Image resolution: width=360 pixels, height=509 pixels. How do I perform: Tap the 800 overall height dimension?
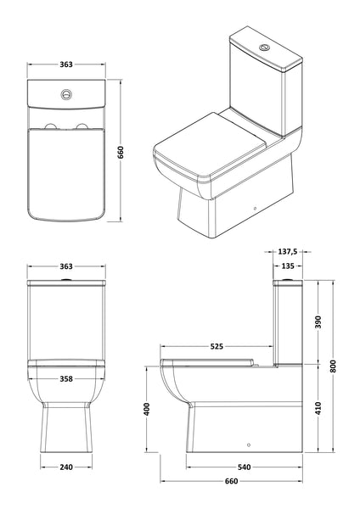(335, 365)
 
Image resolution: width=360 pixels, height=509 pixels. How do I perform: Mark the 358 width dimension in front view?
(65, 379)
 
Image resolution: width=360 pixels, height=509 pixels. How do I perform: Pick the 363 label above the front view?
(65, 266)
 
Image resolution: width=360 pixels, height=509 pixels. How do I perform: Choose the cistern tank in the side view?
(289, 322)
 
